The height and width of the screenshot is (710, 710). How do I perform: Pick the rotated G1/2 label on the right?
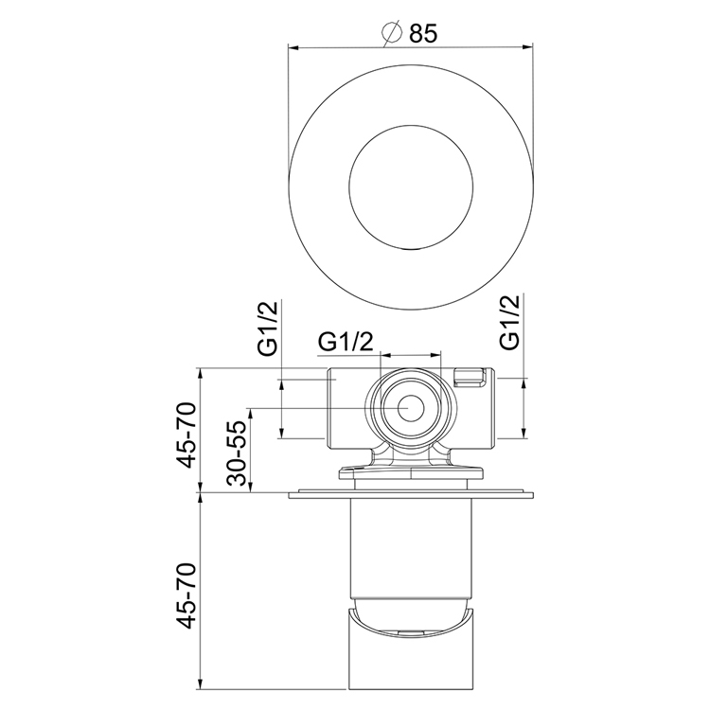[510, 323]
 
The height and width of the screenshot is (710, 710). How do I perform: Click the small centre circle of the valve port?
[411, 408]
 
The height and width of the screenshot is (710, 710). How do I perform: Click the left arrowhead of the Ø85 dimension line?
[293, 45]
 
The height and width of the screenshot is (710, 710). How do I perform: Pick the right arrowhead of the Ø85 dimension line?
[529, 45]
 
